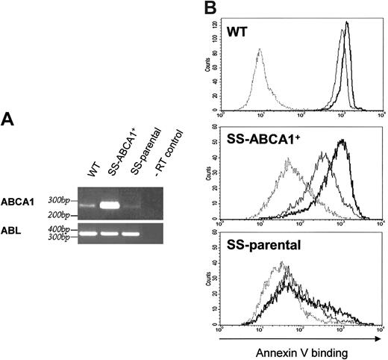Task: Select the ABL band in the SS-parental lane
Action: tap(134, 234)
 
